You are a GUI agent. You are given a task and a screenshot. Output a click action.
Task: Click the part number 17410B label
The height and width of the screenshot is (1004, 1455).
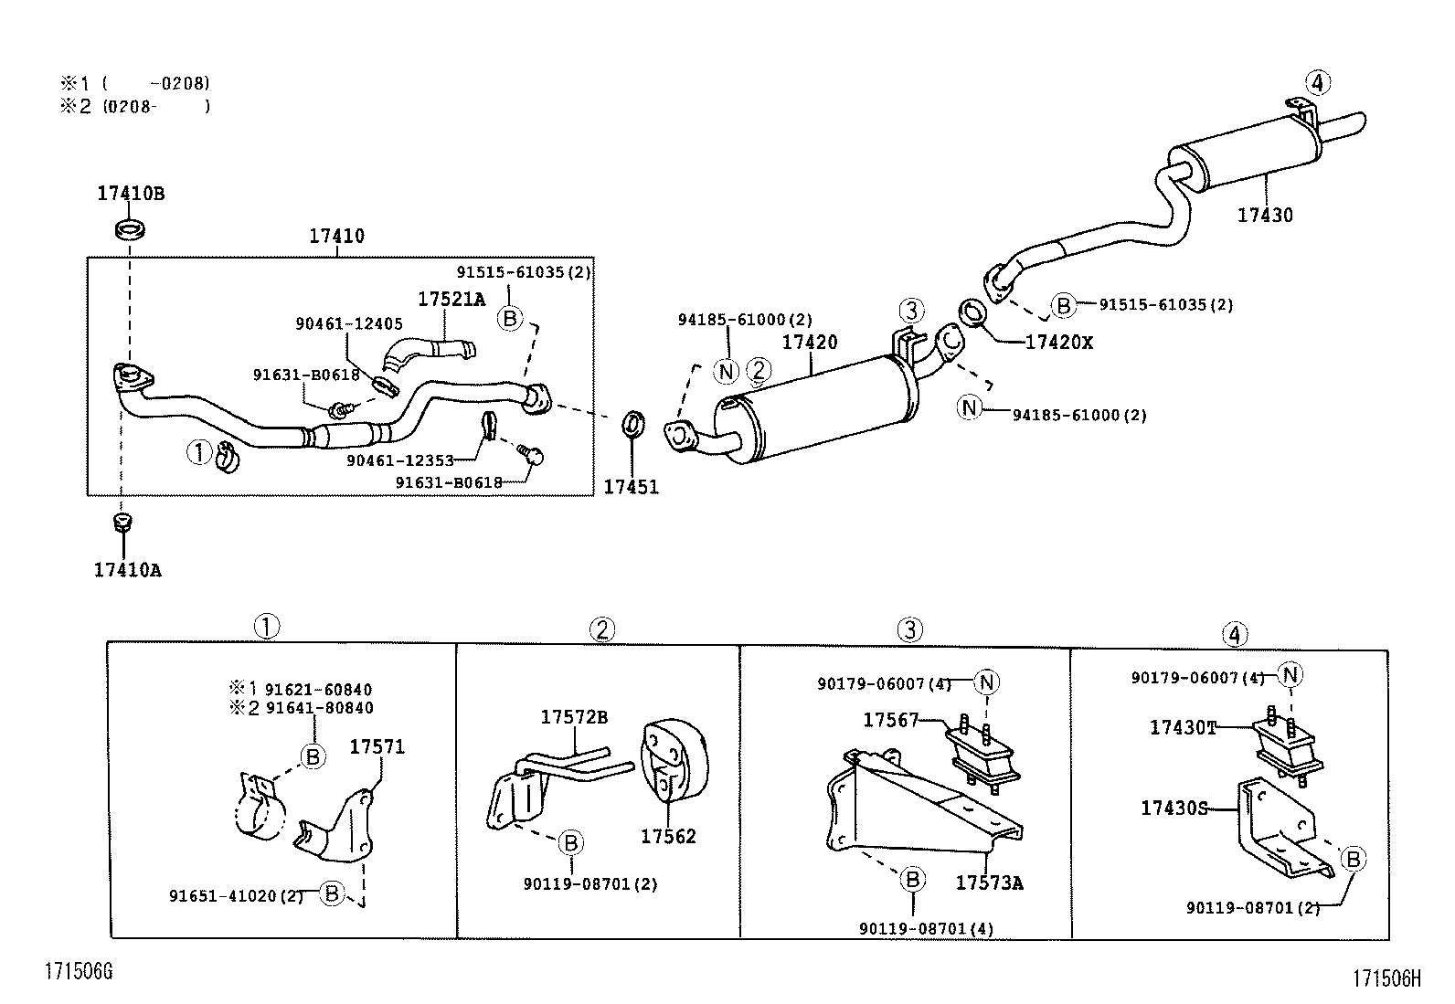131,194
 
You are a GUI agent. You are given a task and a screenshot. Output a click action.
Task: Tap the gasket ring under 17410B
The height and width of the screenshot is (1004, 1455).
131,227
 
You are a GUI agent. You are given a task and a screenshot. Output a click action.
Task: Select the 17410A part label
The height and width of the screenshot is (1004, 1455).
127,570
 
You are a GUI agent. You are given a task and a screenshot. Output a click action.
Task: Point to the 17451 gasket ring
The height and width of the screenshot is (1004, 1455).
632,424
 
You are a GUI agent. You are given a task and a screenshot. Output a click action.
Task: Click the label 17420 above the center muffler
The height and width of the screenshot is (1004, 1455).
809,343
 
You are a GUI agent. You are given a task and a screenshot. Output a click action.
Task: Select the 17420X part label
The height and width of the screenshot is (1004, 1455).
1058,343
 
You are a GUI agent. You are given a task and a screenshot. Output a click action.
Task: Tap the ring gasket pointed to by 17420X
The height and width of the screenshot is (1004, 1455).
973,312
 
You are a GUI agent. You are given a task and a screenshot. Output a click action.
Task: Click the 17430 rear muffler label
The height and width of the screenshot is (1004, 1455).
1265,216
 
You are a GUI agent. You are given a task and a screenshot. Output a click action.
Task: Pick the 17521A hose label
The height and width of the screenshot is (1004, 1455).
451,299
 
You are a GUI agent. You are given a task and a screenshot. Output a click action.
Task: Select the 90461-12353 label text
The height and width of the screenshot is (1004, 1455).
399,460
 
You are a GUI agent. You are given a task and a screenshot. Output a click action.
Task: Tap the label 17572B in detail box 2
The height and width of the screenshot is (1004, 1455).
573,717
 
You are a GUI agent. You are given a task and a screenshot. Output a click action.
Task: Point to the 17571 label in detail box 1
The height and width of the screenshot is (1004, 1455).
377,747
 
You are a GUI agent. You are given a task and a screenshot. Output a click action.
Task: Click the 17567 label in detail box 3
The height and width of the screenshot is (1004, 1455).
890,720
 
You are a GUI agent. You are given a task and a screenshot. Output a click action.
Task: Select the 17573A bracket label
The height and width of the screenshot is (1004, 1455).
989,883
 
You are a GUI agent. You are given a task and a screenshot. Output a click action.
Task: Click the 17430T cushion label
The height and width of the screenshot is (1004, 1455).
1183,727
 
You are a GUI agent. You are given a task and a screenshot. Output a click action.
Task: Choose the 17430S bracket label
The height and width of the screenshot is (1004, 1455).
1174,808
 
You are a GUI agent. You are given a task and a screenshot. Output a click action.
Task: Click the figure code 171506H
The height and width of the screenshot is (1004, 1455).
1387,978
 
